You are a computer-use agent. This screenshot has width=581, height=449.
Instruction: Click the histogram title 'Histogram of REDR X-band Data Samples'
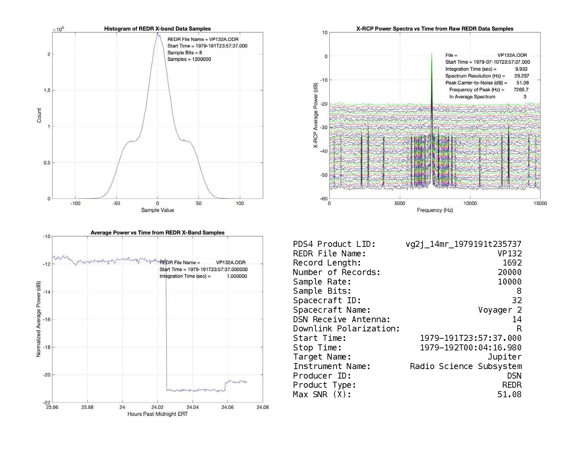point(157,29)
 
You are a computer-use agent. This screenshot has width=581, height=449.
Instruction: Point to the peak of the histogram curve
point(157,33)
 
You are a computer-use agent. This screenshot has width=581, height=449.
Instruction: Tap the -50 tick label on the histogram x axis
point(116,204)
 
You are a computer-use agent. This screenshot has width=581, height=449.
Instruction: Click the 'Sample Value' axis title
point(157,210)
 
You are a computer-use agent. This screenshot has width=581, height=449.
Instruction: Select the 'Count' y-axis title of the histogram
point(39,116)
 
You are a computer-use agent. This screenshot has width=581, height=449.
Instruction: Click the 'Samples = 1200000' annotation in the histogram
point(189,59)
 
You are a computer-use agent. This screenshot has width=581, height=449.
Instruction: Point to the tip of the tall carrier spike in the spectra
point(432,53)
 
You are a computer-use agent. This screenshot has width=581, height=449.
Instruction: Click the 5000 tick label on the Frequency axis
point(400,204)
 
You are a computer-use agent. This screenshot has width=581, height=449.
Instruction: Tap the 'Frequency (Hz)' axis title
point(435,210)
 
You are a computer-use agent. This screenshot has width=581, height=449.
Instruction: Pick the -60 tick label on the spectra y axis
point(324,199)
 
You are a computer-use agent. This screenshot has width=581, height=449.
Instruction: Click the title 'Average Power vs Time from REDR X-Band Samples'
point(157,233)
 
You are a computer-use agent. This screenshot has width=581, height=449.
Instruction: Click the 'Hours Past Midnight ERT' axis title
point(157,414)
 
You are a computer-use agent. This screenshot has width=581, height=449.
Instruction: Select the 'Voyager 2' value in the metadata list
point(500,310)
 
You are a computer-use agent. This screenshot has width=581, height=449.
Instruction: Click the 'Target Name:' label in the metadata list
point(322,357)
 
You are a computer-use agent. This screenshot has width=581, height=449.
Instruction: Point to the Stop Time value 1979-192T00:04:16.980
point(471,348)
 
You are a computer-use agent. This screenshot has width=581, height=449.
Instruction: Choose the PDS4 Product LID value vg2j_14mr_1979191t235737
point(463,244)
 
